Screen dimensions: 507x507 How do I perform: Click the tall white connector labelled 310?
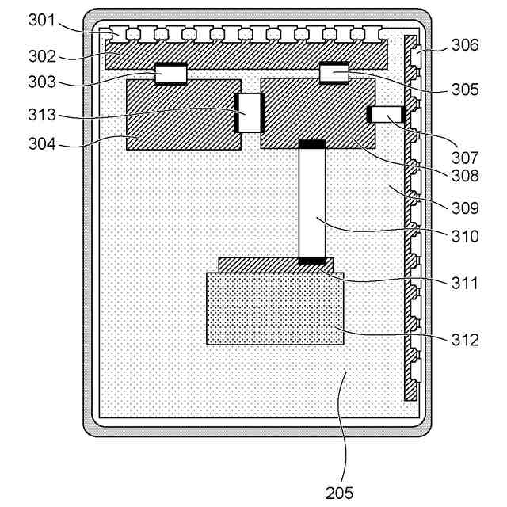311,202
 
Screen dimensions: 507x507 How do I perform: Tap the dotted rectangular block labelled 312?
275,308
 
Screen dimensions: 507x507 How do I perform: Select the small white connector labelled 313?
250,113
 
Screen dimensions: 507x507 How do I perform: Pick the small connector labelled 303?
170,74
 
